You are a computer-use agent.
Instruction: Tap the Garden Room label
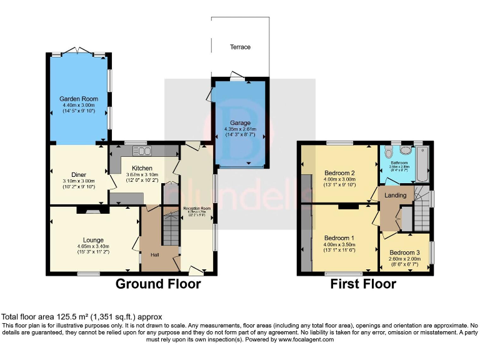tap(79, 99)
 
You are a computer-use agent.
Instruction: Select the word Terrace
tap(240, 47)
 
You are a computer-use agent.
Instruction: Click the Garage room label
tap(240, 123)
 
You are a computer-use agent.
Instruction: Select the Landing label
tap(396, 195)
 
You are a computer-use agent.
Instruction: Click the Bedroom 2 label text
tap(339, 172)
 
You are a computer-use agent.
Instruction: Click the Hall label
tap(154, 254)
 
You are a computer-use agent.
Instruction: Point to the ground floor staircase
tap(170, 228)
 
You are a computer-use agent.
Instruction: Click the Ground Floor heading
tap(158, 284)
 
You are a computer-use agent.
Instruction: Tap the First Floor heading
tap(363, 284)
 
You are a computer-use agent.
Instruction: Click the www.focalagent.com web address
tap(306, 339)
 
